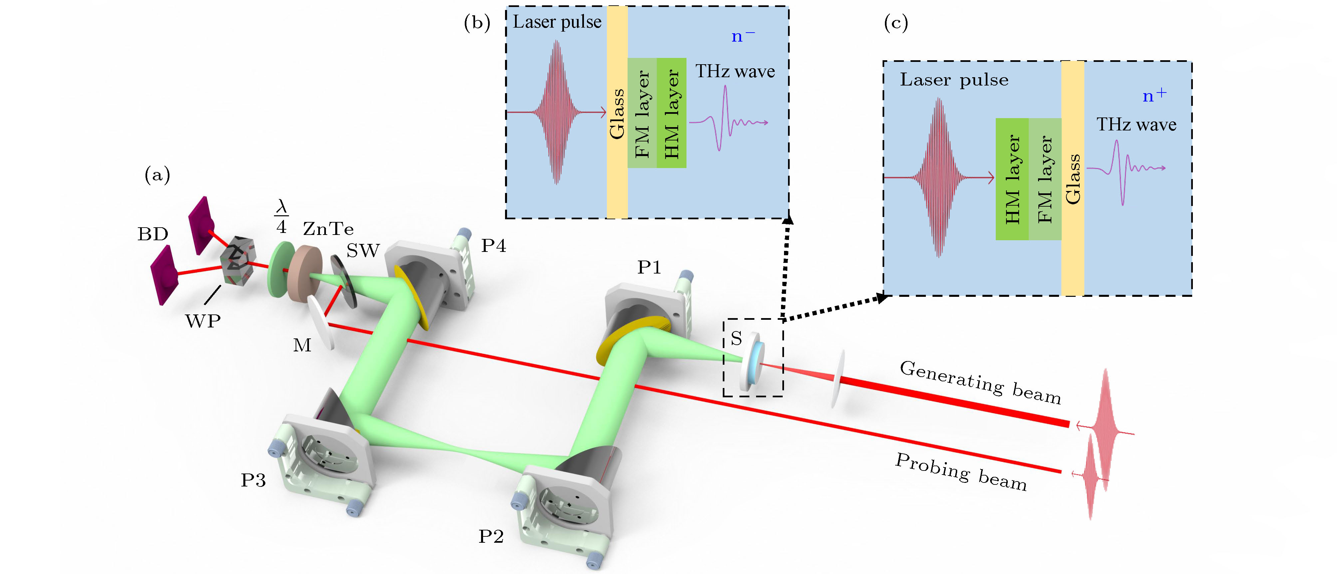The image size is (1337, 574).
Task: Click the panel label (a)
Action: point(157,175)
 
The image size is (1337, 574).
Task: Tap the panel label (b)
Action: point(476,23)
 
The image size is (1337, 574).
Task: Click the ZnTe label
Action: point(328,229)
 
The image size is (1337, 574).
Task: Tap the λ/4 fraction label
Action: point(281,217)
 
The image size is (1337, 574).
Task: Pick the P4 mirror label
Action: point(493,246)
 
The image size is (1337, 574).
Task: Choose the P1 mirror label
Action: point(649,267)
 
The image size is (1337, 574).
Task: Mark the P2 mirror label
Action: point(490,536)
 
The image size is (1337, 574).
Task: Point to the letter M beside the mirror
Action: point(302,345)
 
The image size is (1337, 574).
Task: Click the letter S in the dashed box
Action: point(736,338)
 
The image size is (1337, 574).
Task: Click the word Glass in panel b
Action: point(617,114)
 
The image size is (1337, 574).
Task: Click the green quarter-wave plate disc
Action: point(278,269)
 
